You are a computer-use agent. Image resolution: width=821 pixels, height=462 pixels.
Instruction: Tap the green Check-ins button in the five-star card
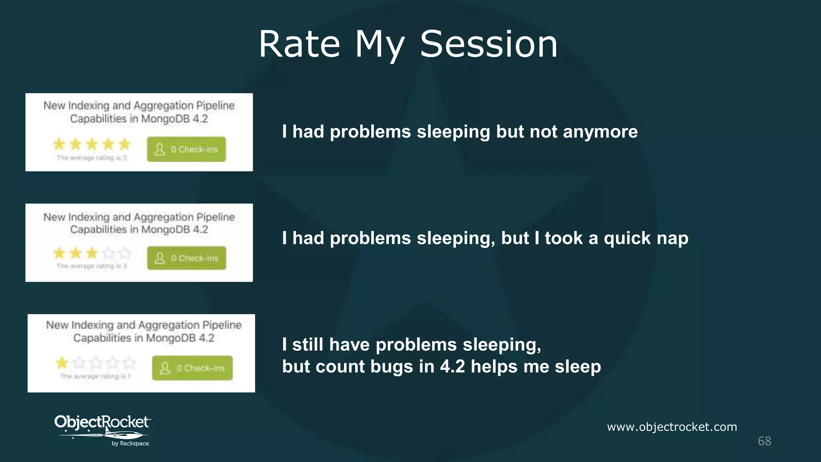click(x=186, y=149)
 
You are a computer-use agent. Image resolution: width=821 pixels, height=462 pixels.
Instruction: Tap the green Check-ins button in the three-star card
click(x=186, y=258)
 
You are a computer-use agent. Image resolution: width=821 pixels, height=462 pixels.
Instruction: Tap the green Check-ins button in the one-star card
click(x=192, y=368)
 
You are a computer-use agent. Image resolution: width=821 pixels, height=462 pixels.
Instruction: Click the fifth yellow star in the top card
click(x=125, y=144)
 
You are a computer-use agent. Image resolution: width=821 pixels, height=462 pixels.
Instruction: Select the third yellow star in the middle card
click(x=92, y=253)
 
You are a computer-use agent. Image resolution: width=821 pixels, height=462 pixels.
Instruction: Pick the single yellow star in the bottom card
click(x=62, y=363)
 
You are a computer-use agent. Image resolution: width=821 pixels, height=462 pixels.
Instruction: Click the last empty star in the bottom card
click(x=129, y=363)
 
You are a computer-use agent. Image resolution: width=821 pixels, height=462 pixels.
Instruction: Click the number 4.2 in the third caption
click(x=453, y=367)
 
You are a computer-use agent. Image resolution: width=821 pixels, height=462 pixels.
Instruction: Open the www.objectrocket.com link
click(x=672, y=427)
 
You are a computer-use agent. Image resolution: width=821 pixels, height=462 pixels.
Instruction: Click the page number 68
click(x=764, y=441)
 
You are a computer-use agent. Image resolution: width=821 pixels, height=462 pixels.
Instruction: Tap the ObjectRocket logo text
click(x=102, y=422)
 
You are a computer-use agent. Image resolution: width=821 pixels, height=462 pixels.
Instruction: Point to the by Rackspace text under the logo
click(x=130, y=444)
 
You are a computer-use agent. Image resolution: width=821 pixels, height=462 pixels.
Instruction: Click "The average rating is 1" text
click(x=95, y=376)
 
